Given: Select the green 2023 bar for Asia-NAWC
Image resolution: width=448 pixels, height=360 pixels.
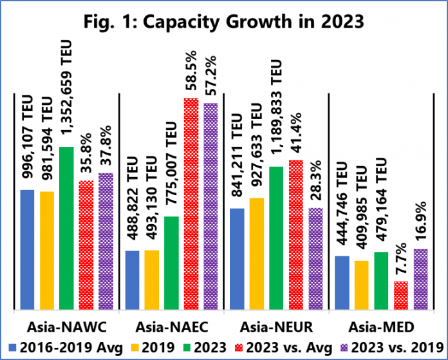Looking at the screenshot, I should [66, 229].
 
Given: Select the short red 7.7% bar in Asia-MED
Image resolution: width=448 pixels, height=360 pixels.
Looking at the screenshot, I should [400, 296].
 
